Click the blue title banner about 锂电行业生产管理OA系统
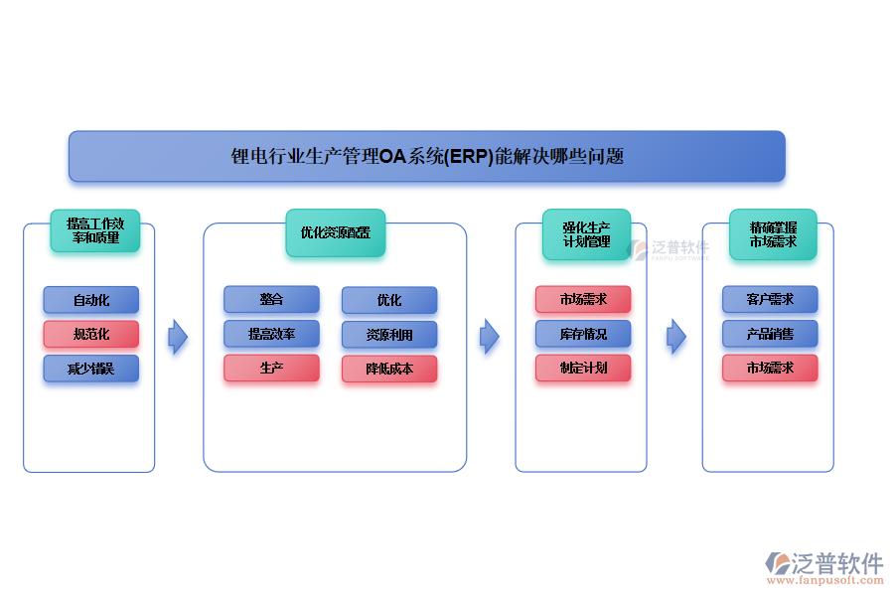(x=426, y=156)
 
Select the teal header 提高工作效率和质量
(x=95, y=230)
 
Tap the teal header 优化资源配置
(x=335, y=232)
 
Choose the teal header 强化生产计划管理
(x=586, y=234)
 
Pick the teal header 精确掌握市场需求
(x=773, y=234)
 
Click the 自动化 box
(x=91, y=300)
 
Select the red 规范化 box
(x=91, y=334)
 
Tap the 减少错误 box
(x=91, y=369)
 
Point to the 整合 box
(x=271, y=299)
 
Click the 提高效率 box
(x=271, y=334)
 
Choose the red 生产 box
(x=271, y=368)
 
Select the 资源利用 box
(x=389, y=335)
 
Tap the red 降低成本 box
(x=389, y=369)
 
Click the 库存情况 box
(x=583, y=334)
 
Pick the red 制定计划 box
(x=583, y=368)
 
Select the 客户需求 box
(x=770, y=299)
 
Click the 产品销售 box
(x=770, y=334)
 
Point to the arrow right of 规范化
(x=178, y=337)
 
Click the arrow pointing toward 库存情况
(x=489, y=337)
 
